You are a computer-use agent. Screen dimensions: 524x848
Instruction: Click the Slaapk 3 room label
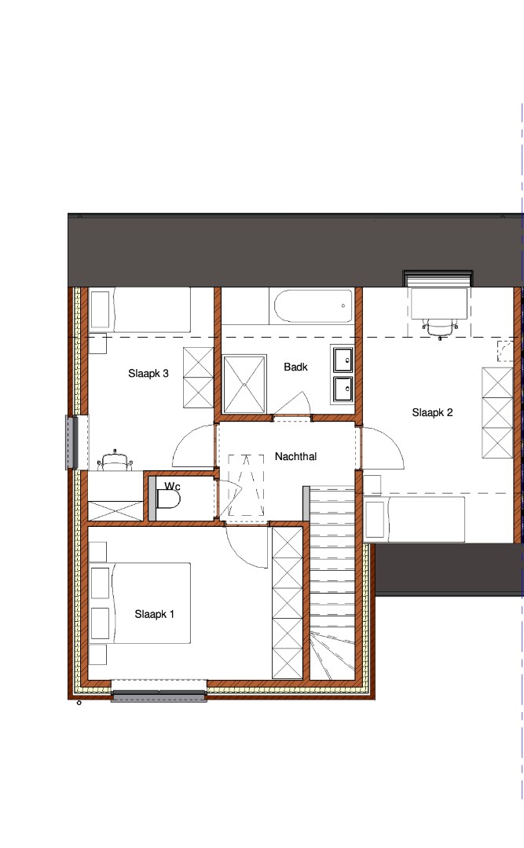point(148,373)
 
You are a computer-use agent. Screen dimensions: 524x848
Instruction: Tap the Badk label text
point(295,367)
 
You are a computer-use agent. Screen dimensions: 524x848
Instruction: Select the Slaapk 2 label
point(432,413)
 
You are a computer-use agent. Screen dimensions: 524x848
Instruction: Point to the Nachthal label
point(295,456)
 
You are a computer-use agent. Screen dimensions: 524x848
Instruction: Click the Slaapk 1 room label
point(154,614)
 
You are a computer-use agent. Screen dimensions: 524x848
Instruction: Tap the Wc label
point(172,486)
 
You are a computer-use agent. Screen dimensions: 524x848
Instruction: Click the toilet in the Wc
point(168,499)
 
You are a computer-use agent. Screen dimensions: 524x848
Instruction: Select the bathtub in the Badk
point(313,306)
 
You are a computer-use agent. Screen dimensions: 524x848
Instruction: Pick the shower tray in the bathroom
point(244,385)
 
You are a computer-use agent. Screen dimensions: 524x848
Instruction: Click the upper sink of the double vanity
point(343,360)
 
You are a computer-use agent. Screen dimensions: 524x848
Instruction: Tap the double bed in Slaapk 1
point(140,603)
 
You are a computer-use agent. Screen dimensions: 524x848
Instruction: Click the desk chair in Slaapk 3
point(115,460)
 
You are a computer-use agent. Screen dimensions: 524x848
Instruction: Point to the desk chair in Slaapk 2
point(440,328)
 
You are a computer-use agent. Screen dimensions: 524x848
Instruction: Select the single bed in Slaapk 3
point(140,310)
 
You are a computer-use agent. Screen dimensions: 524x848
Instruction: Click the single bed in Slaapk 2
point(414,519)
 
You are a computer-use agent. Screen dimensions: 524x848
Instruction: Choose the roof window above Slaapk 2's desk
point(438,278)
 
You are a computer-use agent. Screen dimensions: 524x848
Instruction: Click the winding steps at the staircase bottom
point(332,653)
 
